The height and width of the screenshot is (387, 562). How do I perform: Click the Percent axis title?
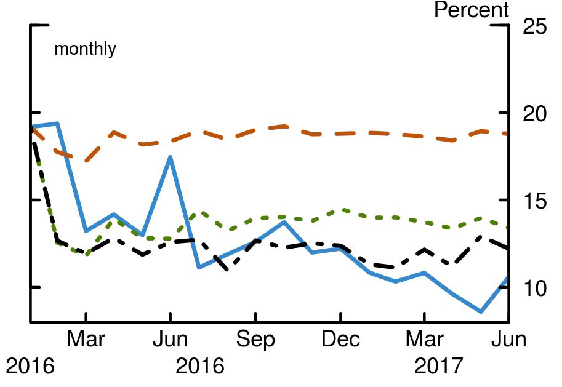point(472,10)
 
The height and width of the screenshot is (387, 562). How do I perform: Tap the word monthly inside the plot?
point(85,49)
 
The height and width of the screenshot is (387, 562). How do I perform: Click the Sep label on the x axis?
point(255,340)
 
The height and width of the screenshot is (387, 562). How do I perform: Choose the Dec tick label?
point(340,340)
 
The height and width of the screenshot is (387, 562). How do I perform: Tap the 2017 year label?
point(438,367)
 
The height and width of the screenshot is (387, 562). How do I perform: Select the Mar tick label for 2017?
point(425,340)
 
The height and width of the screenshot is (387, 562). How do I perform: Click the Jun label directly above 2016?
point(171,340)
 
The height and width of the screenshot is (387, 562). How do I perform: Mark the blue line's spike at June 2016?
point(170,158)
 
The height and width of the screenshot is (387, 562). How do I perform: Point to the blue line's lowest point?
point(481,311)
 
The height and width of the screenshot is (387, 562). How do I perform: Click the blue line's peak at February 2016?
point(57,124)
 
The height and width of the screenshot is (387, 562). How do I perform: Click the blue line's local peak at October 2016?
point(283,221)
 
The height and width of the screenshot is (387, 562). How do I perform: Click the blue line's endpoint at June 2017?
point(508,277)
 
